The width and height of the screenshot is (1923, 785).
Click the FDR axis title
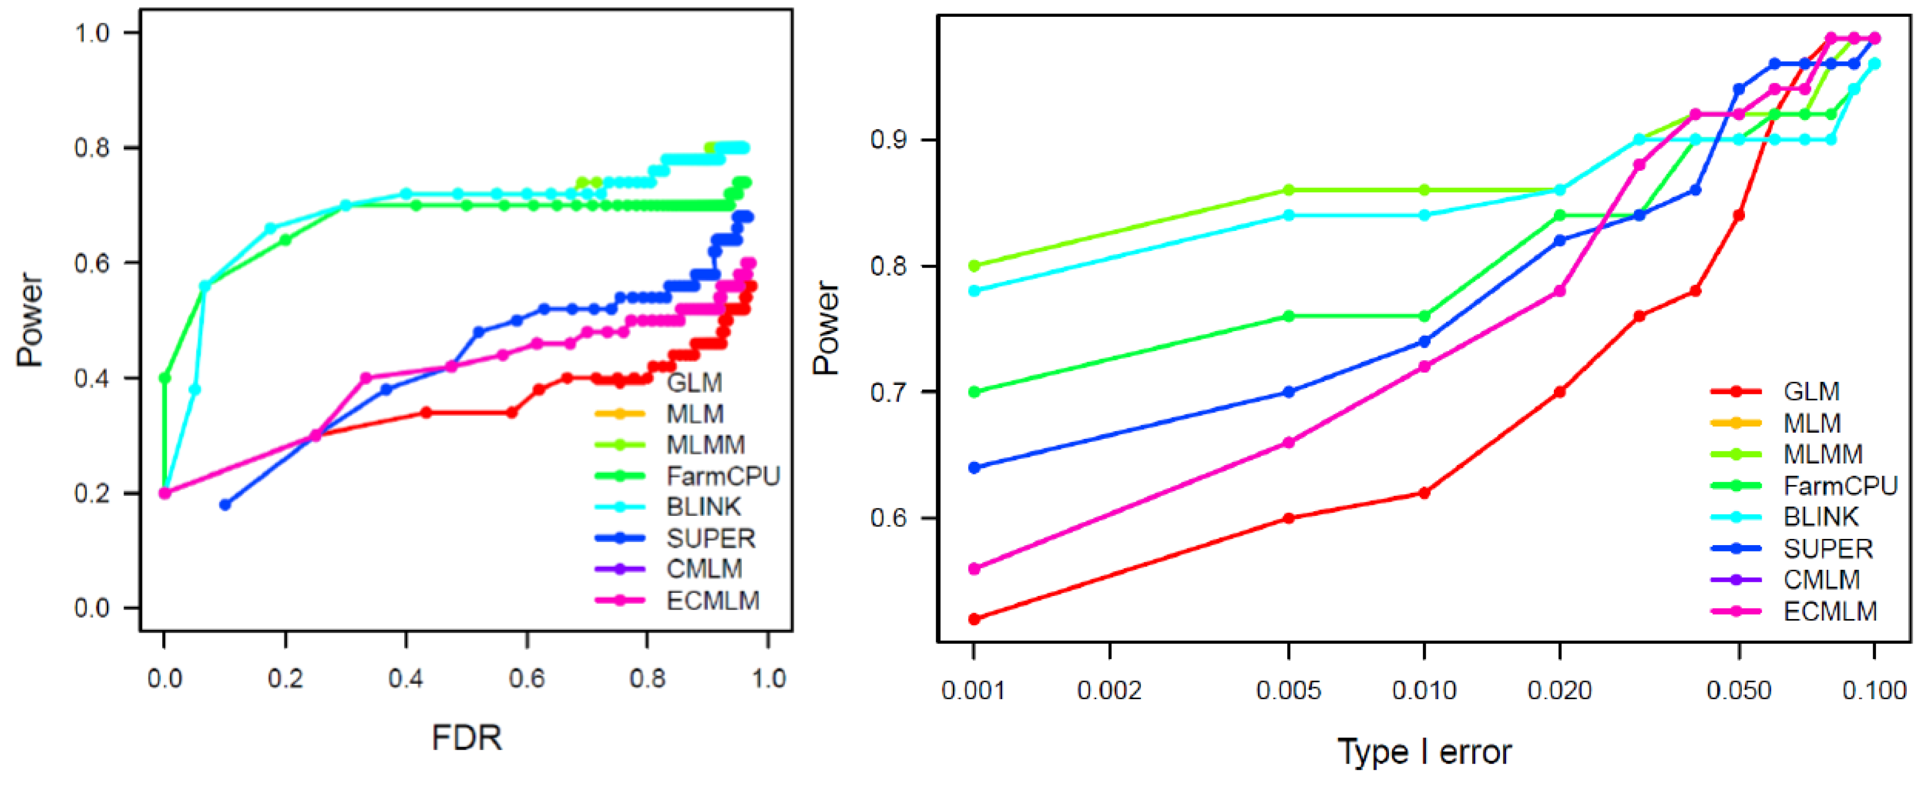tap(466, 738)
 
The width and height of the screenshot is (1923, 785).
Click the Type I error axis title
tap(1424, 751)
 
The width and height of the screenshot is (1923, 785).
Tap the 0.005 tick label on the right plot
tap(1288, 690)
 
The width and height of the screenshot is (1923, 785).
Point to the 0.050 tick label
tap(1739, 690)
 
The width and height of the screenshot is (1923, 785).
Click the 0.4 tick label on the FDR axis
tap(405, 678)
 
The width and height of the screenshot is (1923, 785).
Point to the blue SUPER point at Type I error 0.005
tap(1288, 391)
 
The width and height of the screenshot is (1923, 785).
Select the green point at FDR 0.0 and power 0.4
tap(165, 378)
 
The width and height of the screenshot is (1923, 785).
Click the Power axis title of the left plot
tap(30, 319)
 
